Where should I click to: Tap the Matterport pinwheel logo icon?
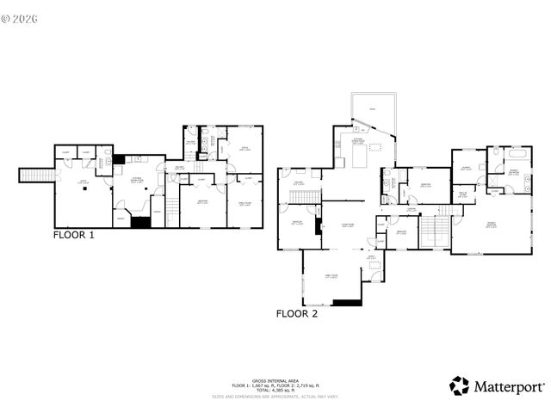coord(460,385)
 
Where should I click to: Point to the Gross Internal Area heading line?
coord(275,379)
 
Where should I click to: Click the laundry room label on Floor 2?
coord(466,169)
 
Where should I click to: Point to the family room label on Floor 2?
coord(331,275)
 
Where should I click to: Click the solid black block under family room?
coord(347,302)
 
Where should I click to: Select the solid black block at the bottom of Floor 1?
coord(139,223)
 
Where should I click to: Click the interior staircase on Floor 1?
coord(172,206)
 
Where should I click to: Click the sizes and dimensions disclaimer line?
coord(275,397)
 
